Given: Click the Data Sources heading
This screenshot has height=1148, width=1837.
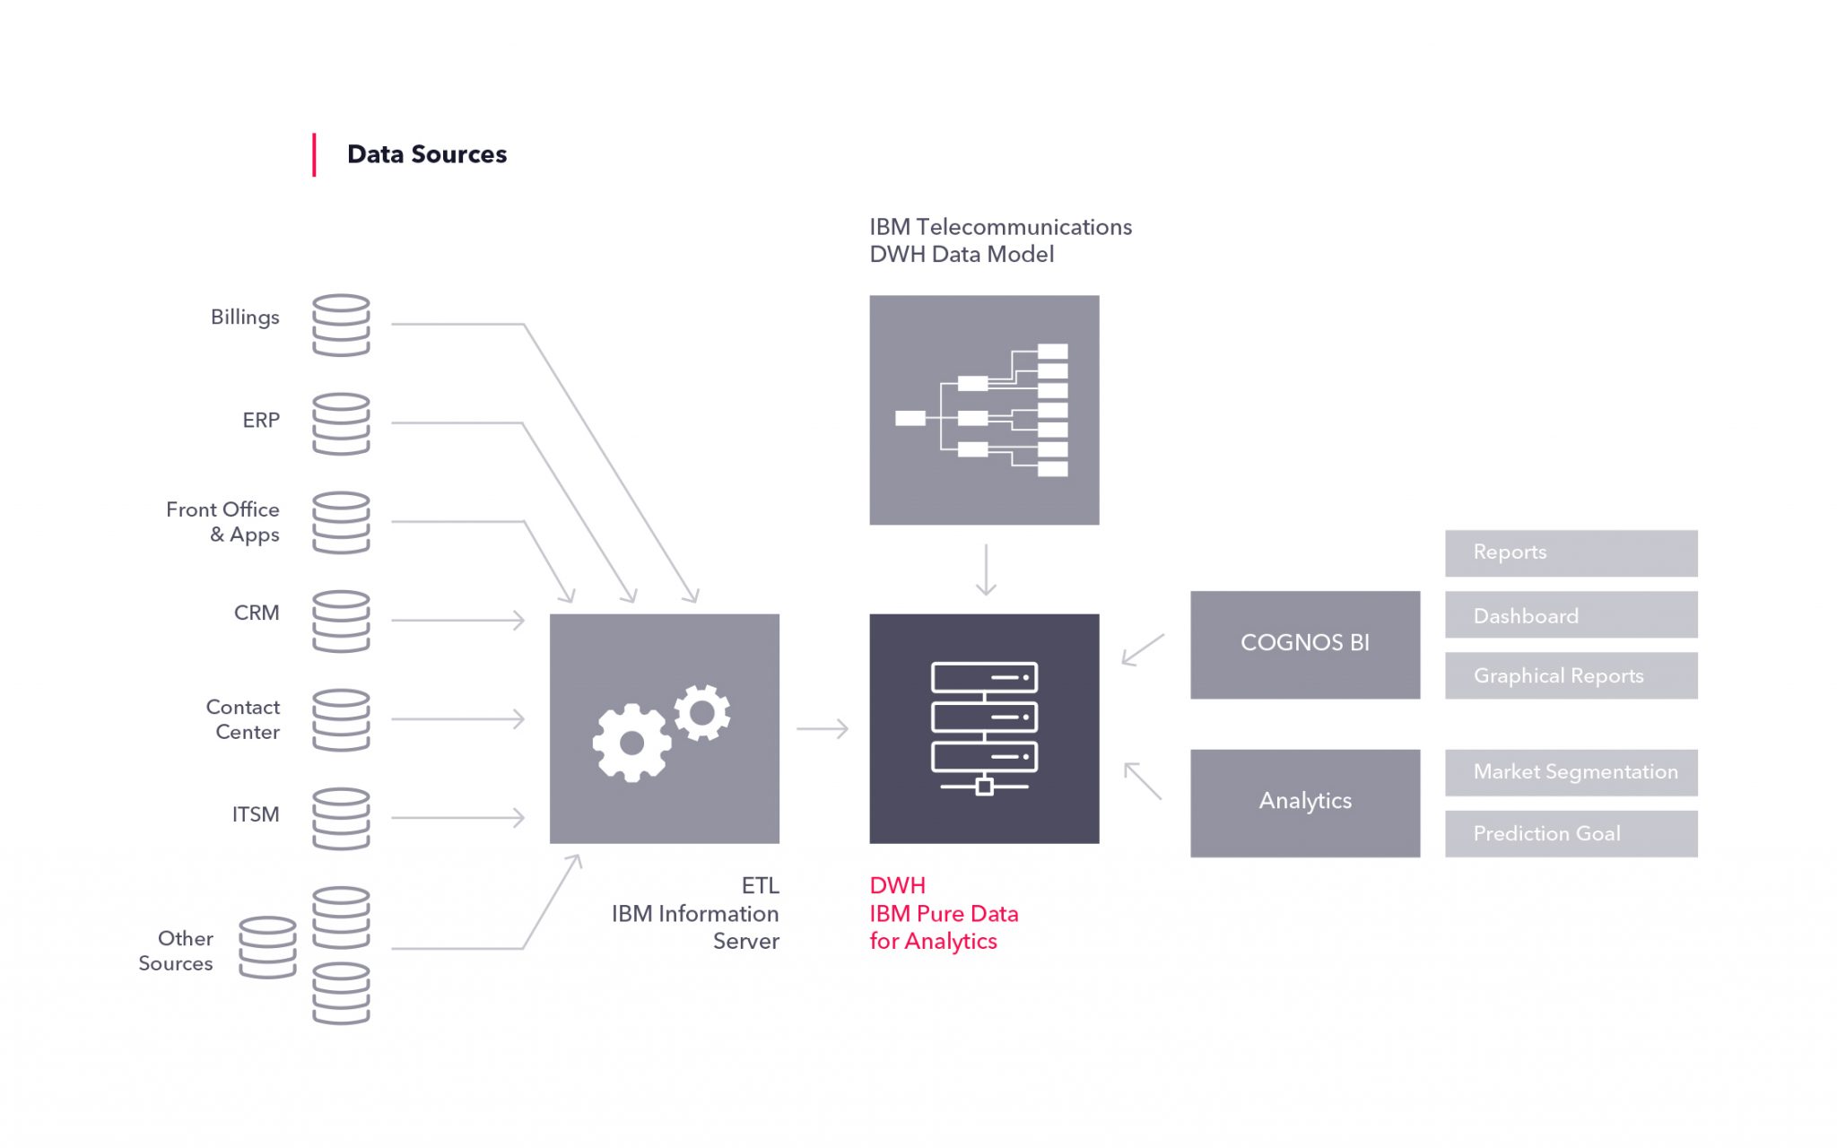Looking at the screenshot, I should pyautogui.click(x=426, y=154).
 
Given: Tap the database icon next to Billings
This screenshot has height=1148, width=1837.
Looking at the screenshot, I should pyautogui.click(x=341, y=325).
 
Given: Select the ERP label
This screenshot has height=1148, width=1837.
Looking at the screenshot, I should pyautogui.click(x=261, y=420).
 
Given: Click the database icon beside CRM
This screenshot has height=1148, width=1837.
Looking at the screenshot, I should pyautogui.click(x=341, y=621).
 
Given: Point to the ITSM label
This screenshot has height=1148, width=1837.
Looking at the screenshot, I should pyautogui.click(x=256, y=814).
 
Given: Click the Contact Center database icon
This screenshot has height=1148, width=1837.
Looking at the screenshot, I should pyautogui.click(x=341, y=719).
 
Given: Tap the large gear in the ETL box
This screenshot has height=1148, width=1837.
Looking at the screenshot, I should pyautogui.click(x=631, y=743).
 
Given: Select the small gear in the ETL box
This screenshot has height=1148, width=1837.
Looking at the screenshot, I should pyautogui.click(x=702, y=713).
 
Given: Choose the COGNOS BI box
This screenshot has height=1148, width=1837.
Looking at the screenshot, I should pyautogui.click(x=1305, y=644).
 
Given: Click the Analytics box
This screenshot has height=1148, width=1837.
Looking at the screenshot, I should pyautogui.click(x=1305, y=803).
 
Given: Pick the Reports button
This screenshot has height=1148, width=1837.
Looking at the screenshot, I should pyautogui.click(x=1571, y=552).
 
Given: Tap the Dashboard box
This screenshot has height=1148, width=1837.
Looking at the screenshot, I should pyautogui.click(x=1571, y=614).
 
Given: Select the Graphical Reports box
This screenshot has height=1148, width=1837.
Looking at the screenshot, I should pyautogui.click(x=1571, y=675).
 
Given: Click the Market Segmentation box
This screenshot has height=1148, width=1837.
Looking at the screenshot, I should pyautogui.click(x=1571, y=772).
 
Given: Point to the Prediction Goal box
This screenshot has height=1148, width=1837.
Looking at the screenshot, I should pyautogui.click(x=1571, y=833).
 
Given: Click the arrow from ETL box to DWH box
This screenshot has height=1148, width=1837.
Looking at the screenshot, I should pyautogui.click(x=823, y=728).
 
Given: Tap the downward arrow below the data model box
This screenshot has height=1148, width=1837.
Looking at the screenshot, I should pyautogui.click(x=986, y=570).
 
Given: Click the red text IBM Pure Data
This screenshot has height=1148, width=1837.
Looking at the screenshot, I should pyautogui.click(x=944, y=914).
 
